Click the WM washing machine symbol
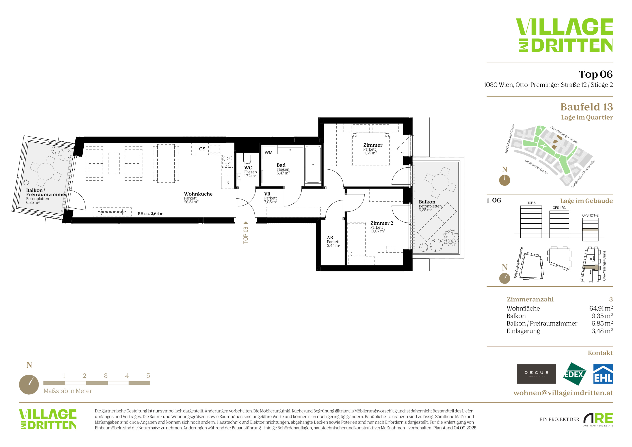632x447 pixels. coord(268,152)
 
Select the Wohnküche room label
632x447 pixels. coord(198,194)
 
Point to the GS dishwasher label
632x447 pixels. coord(202,149)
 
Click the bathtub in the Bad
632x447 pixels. coord(313,164)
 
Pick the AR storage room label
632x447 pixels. coord(330,237)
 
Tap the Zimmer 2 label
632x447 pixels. coord(382,223)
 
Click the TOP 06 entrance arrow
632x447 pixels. coord(246,223)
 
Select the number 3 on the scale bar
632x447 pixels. coord(106,376)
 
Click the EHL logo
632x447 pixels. coord(603,374)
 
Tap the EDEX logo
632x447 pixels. coord(574,374)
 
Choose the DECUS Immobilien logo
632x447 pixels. coord(536,374)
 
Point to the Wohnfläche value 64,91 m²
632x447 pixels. coord(601,308)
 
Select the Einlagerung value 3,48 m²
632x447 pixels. coord(602,331)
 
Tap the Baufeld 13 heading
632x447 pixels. coord(586,107)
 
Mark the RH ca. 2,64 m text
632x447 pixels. coord(151,214)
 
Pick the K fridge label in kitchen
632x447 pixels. coord(228,182)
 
